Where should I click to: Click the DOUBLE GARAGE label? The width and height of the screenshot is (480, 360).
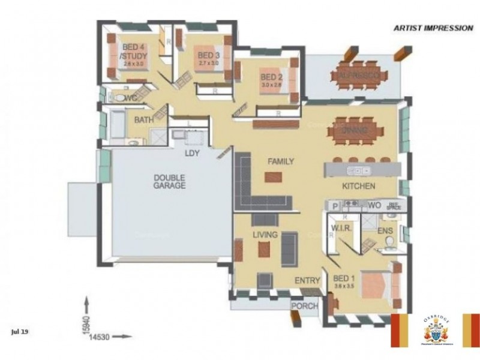pos(169,181)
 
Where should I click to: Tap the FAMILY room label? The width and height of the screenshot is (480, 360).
pos(280,161)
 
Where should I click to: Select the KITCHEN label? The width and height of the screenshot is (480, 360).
pos(359,186)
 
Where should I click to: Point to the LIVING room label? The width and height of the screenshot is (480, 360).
pos(265,235)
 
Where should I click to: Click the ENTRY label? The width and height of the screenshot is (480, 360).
pos(307,280)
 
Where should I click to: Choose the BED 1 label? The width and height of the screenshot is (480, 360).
pos(344,278)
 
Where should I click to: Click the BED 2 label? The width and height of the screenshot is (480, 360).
pos(271,77)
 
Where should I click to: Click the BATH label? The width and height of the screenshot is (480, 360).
pos(143,120)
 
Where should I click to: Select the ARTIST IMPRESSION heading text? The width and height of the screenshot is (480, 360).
pos(433,28)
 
